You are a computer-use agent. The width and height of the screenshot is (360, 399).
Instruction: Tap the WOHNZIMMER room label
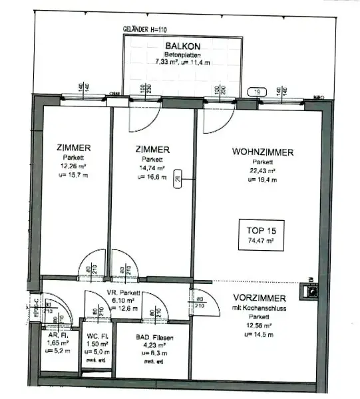point(262,152)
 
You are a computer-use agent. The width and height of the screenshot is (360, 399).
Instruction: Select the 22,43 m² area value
point(262,171)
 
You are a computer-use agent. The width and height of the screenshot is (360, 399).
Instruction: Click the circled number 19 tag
point(256,93)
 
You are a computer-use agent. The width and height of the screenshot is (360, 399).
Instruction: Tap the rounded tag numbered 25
point(178,180)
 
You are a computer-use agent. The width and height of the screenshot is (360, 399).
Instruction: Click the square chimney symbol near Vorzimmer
point(311,290)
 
